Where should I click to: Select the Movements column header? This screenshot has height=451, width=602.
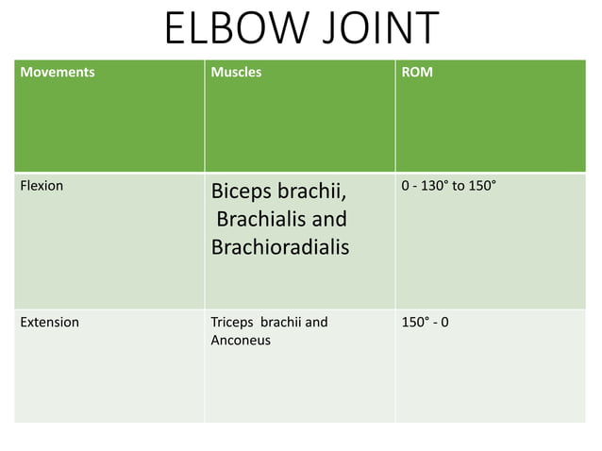pos(58,72)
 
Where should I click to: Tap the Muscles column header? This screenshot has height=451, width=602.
pos(237,72)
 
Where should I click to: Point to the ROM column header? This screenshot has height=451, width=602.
pos(417,72)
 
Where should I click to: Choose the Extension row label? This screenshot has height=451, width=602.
pos(50,322)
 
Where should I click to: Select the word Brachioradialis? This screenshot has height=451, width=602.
pos(280,247)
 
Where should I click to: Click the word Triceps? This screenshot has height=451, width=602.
pos(232,322)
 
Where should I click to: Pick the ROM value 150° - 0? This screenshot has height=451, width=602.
pos(425,322)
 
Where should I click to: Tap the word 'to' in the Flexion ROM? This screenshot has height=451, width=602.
pos(459,186)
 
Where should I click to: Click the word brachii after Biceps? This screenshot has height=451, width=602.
pos(313,193)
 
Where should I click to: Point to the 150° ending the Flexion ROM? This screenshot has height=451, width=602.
pos(480,186)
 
